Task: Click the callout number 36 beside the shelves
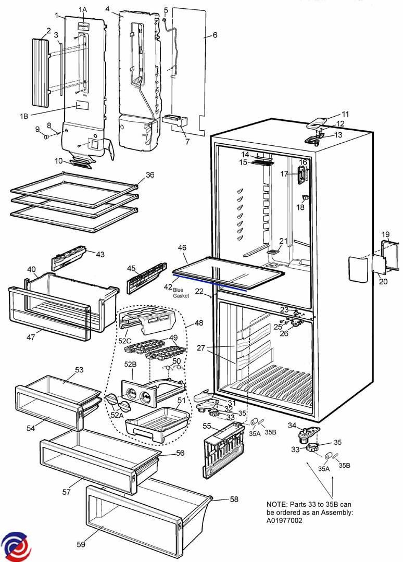click(150, 176)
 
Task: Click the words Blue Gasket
click(181, 293)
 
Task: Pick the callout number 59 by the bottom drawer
click(81, 544)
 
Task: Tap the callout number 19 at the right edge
click(385, 234)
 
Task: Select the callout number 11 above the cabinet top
click(345, 114)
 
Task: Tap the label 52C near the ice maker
click(124, 341)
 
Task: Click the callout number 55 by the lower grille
click(207, 426)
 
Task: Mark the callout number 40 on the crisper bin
click(31, 270)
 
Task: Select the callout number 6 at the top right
click(215, 35)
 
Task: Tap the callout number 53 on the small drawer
click(79, 370)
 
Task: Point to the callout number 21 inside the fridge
click(283, 241)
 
